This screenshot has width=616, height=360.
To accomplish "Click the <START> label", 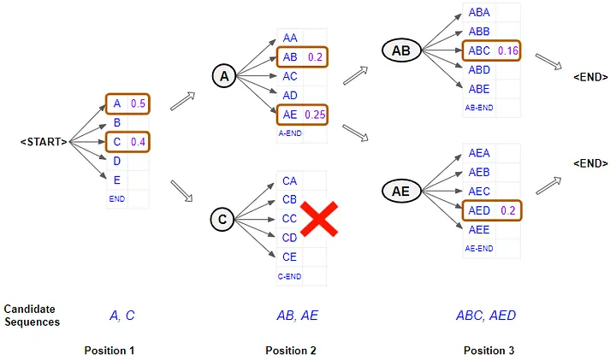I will (44, 141).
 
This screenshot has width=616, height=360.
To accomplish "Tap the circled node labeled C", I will (222, 220).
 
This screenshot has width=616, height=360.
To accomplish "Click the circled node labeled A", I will (223, 77).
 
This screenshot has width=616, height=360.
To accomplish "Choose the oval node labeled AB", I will (401, 50).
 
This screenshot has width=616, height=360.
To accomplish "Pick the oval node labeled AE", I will (401, 191).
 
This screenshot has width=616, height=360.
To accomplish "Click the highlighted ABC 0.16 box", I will (492, 50).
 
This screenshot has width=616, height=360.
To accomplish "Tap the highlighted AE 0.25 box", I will (301, 114).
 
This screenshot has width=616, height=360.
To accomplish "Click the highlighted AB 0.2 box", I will (301, 57).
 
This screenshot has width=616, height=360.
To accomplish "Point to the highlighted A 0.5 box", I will (127, 103).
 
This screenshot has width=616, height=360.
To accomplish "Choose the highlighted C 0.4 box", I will (127, 141).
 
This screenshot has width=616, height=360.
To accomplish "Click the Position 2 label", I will (291, 351).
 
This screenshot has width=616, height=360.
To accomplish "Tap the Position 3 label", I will (489, 351).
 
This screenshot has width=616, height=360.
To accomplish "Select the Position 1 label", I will (110, 351).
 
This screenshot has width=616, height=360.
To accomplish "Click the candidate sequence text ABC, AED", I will (486, 316).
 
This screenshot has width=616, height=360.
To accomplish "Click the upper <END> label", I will (590, 76).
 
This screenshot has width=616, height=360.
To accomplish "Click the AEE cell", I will (479, 229).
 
